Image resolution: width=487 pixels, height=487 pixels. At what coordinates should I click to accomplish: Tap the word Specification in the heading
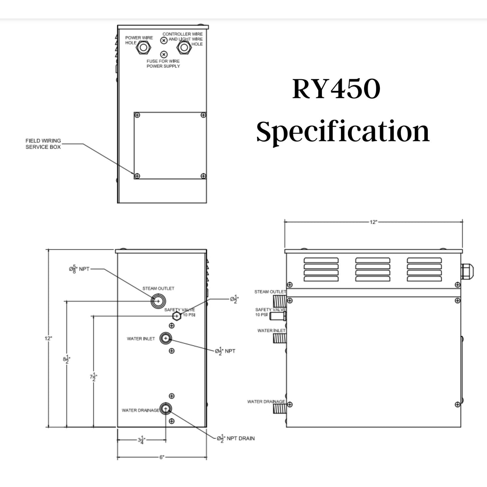tap(343, 131)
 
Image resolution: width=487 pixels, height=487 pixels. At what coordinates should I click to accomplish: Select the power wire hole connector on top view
tap(143, 48)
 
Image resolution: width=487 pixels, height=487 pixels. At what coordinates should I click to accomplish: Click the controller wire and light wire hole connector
tap(183, 48)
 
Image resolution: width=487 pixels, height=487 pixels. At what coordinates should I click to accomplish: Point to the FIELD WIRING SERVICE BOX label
tap(43, 144)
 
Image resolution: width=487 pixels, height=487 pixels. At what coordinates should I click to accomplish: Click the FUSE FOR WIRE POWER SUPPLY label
tap(163, 63)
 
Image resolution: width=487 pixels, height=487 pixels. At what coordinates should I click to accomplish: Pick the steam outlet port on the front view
tap(157, 301)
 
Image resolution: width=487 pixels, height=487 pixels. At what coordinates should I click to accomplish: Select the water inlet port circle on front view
tap(165, 338)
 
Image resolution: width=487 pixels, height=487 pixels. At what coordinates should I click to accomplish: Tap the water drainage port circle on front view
tap(165, 409)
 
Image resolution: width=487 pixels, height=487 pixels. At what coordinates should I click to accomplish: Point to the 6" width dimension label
tap(162, 457)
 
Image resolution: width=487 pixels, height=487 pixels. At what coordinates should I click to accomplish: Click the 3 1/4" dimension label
tap(141, 440)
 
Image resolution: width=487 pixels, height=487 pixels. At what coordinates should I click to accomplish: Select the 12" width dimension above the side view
tap(373, 222)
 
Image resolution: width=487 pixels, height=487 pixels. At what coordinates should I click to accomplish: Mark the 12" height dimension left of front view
tap(49, 338)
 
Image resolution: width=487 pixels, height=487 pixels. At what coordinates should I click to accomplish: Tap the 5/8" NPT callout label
tap(77, 269)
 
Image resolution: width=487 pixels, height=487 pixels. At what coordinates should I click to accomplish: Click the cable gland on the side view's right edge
tap(467, 269)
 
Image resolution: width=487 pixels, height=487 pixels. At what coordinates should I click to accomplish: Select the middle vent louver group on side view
tap(373, 269)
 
